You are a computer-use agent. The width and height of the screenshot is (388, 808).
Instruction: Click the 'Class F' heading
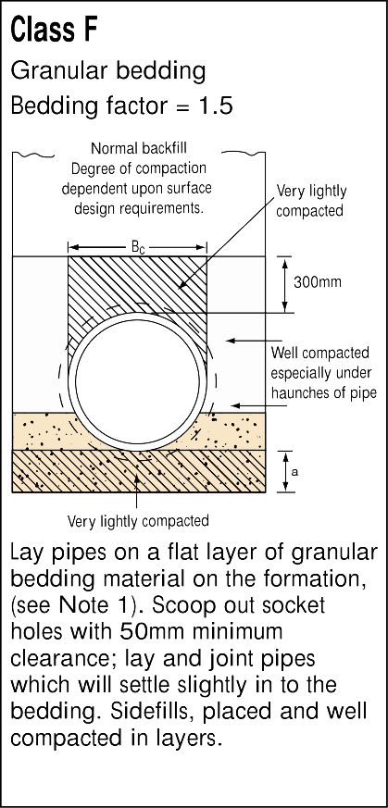pyautogui.click(x=54, y=30)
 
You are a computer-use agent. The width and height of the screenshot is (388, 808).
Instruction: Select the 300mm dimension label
pyautogui.click(x=318, y=282)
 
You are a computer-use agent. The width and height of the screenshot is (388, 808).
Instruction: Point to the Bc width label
pyautogui.click(x=138, y=248)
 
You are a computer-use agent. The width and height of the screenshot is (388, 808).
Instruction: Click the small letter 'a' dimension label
pyautogui.click(x=294, y=471)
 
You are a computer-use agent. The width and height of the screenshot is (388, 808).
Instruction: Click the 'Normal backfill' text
pyautogui.click(x=139, y=148)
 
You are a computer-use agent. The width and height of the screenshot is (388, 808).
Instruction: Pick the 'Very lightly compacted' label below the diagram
pyautogui.click(x=138, y=521)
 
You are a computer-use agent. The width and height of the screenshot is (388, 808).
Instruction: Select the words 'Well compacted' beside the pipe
pyautogui.click(x=320, y=353)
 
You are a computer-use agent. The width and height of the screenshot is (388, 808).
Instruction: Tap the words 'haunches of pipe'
pyautogui.click(x=323, y=393)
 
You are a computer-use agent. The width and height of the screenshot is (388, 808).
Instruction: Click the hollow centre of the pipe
pyautogui.click(x=137, y=379)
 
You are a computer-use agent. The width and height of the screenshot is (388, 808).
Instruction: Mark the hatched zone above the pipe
pyautogui.click(x=138, y=283)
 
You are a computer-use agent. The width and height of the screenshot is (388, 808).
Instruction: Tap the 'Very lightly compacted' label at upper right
pyautogui.click(x=311, y=201)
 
